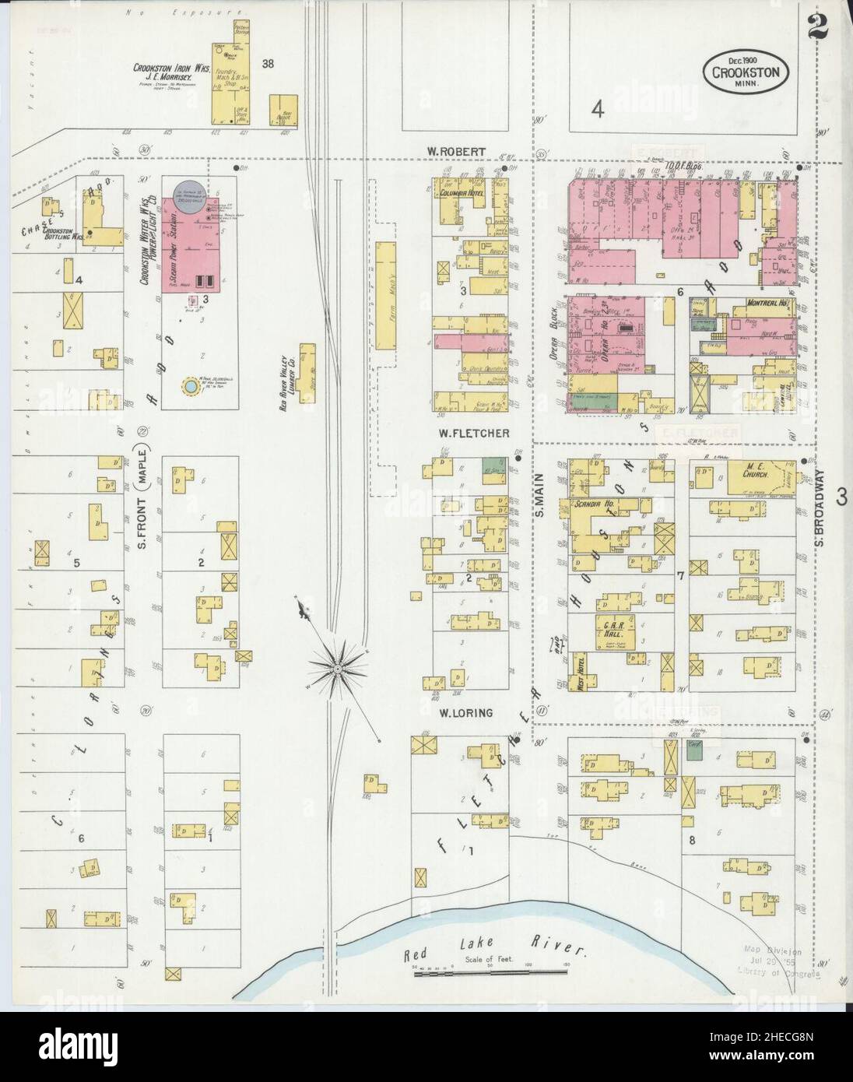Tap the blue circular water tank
click(x=189, y=385)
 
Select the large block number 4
click(x=597, y=110)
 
